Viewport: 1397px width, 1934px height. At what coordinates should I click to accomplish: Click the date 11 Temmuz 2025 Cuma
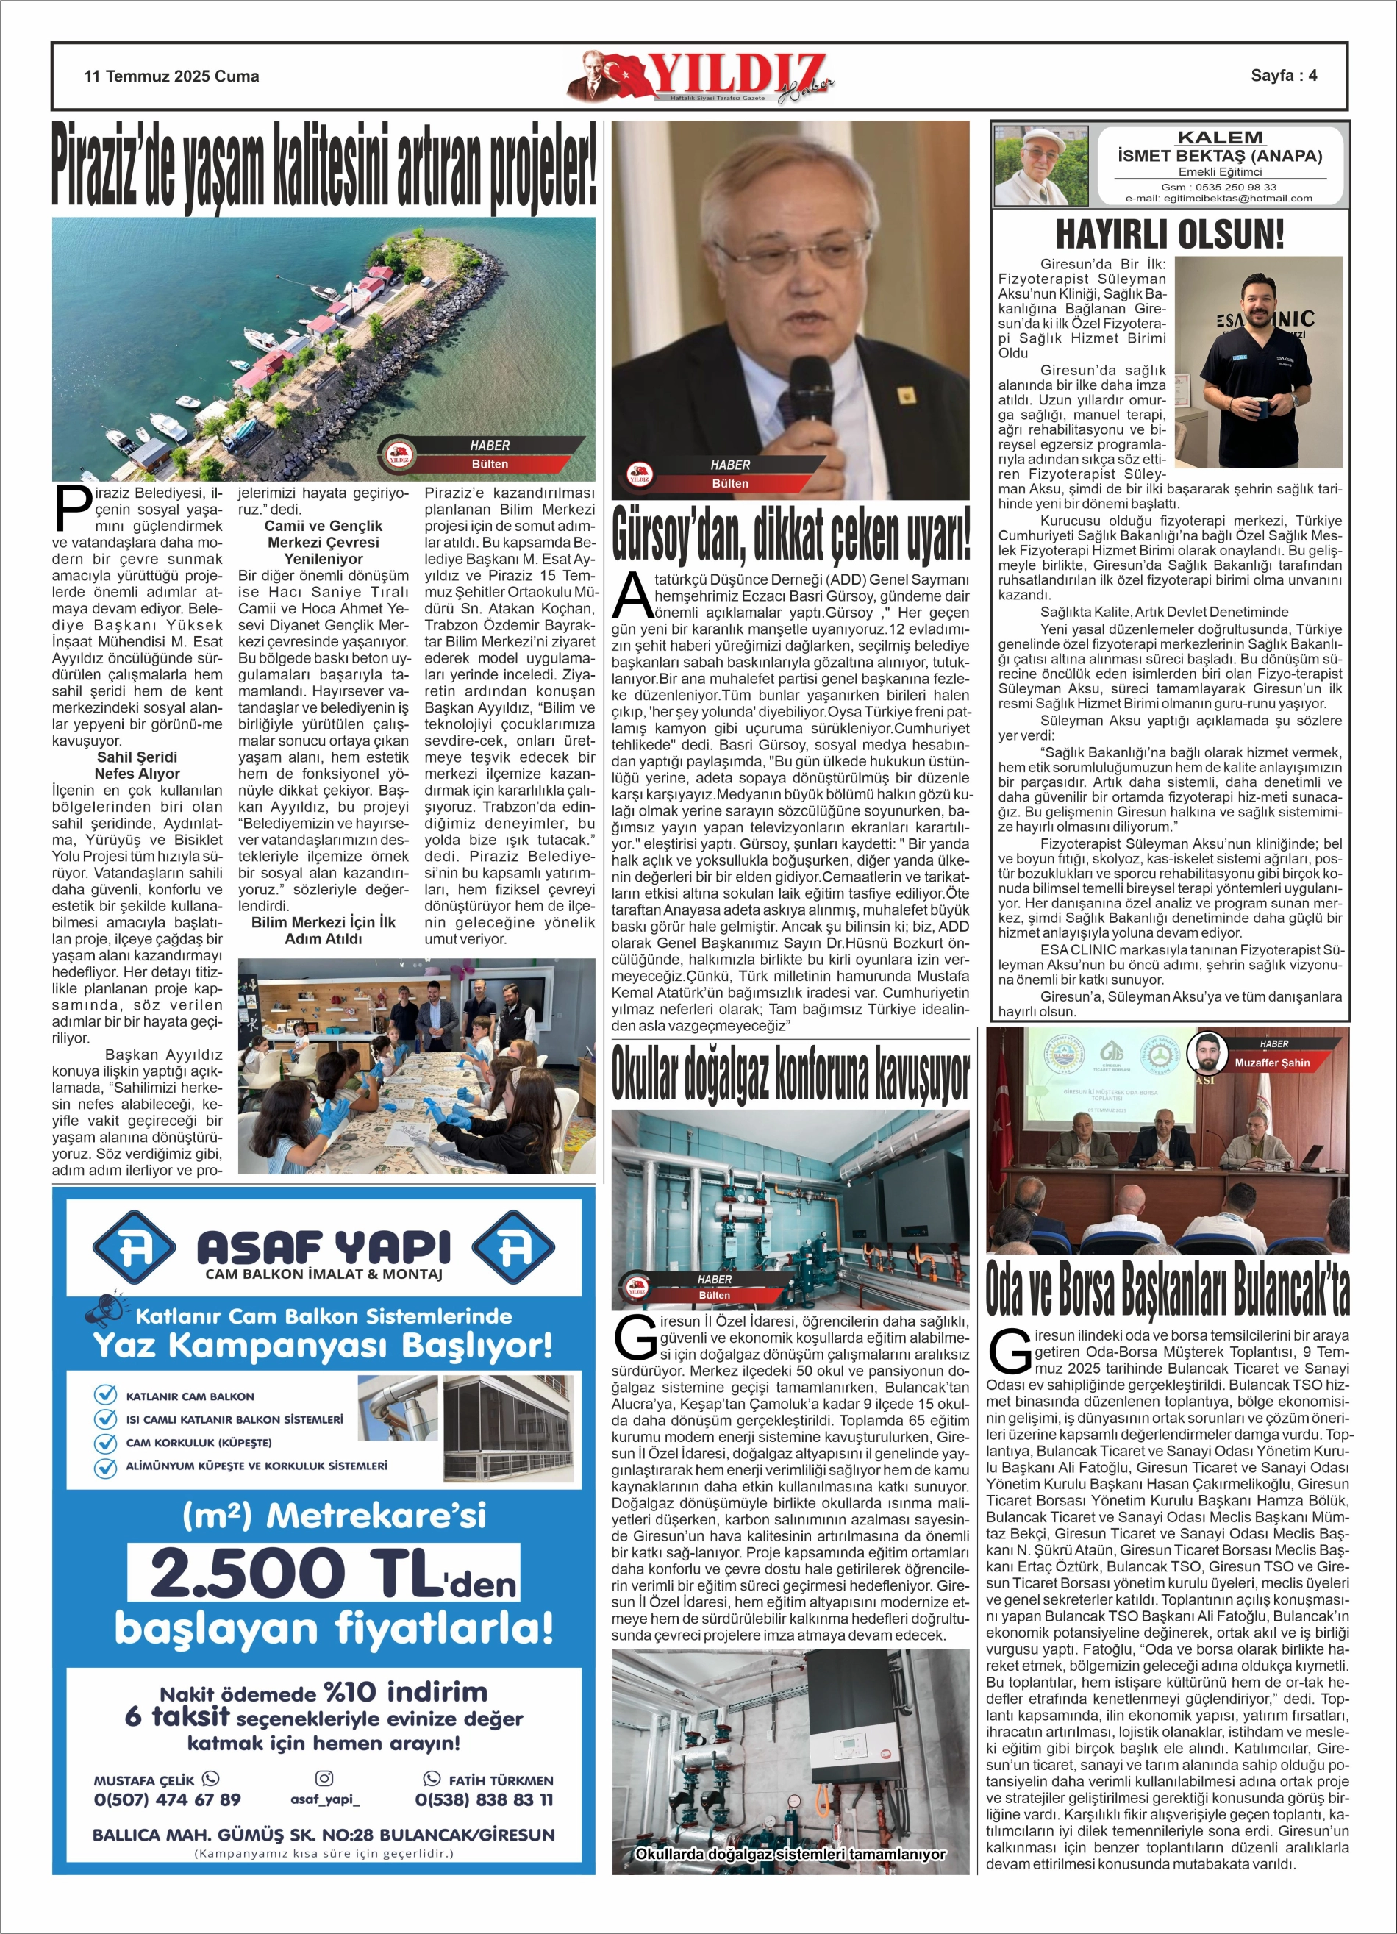click(x=171, y=76)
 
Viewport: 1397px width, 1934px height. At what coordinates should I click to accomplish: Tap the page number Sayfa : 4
click(x=1283, y=75)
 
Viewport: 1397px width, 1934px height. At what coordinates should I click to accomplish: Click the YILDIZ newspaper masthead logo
click(x=699, y=76)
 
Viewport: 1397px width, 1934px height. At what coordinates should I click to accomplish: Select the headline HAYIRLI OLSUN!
click(x=1169, y=235)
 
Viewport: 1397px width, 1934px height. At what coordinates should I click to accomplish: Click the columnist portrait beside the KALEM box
click(x=1041, y=166)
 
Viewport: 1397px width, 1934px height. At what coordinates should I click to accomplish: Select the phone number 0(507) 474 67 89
click(x=167, y=1799)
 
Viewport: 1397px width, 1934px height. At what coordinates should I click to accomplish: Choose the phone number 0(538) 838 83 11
click(x=484, y=1799)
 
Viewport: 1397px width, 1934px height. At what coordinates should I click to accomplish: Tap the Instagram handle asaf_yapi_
click(x=325, y=1799)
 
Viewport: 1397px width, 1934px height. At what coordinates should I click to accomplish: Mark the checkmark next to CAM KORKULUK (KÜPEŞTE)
click(x=105, y=1442)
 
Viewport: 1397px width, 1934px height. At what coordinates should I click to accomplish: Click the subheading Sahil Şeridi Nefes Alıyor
click(x=137, y=765)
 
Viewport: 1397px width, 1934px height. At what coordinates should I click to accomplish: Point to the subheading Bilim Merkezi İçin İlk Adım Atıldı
click(x=324, y=930)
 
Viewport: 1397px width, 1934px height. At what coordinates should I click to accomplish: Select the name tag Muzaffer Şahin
click(x=1271, y=1063)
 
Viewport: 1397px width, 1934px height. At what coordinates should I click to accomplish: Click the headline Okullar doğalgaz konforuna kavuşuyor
click(x=790, y=1074)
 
